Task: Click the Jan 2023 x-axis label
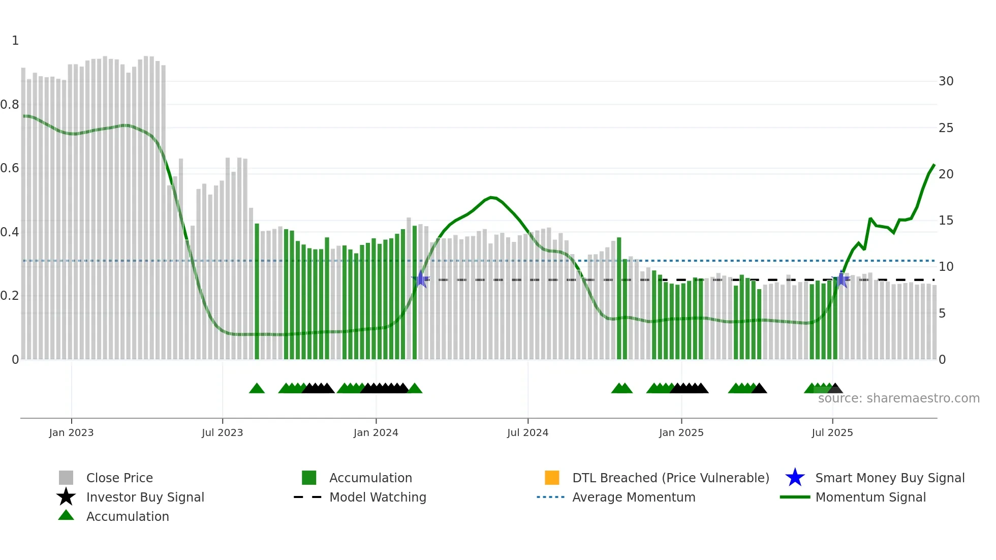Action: (x=71, y=432)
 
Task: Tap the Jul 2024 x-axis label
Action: (x=527, y=432)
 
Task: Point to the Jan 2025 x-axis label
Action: (x=681, y=432)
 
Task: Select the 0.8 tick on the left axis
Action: (x=10, y=105)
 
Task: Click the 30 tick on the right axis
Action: (x=946, y=81)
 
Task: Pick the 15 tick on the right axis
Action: (x=946, y=221)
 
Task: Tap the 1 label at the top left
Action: (x=15, y=41)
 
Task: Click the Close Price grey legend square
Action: (x=66, y=478)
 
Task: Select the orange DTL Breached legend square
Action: (x=552, y=478)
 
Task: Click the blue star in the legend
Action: (x=795, y=478)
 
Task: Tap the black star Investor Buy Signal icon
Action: (x=66, y=497)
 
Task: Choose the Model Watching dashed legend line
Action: (x=307, y=497)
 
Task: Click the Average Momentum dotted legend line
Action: (x=550, y=497)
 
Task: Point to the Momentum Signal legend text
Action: (x=870, y=497)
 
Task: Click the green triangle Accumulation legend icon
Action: (x=66, y=516)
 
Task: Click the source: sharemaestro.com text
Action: (x=898, y=398)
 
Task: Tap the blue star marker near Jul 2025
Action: (x=841, y=279)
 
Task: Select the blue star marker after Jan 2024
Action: (x=420, y=279)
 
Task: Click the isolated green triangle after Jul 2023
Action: (x=257, y=389)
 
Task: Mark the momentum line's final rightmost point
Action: (x=934, y=165)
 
